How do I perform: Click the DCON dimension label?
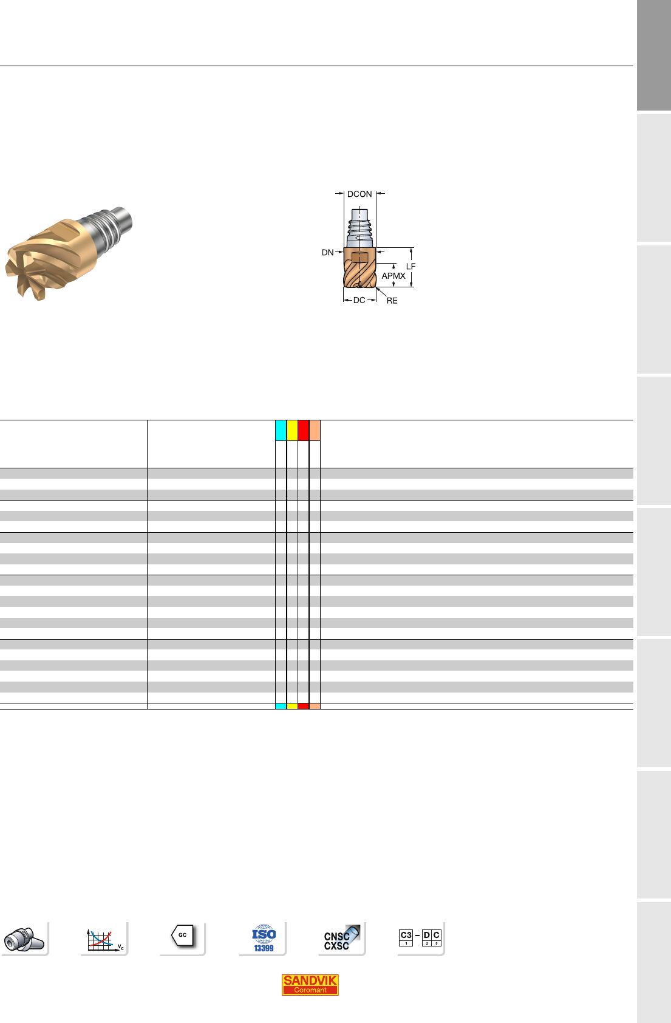(x=359, y=194)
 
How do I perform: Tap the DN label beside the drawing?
(x=327, y=253)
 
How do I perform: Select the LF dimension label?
(x=411, y=266)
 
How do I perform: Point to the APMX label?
(x=393, y=276)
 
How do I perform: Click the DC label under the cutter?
(x=359, y=300)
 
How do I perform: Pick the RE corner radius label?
(x=392, y=301)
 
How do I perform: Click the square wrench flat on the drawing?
(x=359, y=258)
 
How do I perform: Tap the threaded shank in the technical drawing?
(x=359, y=228)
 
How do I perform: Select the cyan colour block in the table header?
(x=281, y=430)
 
